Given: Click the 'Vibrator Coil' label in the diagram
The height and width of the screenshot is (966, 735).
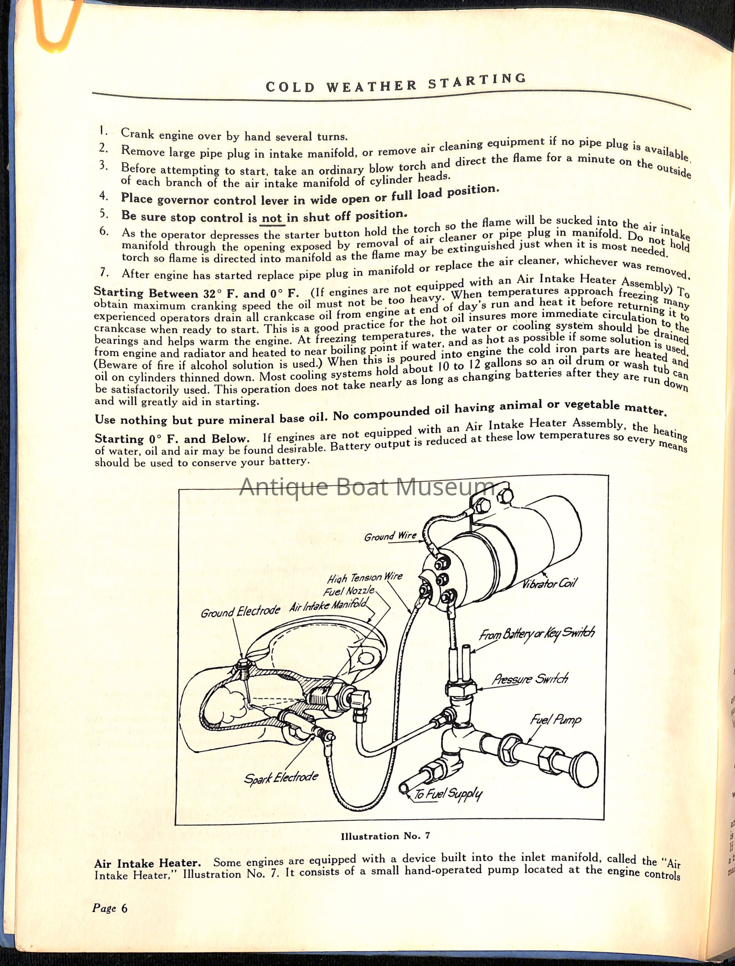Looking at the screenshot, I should [x=550, y=584].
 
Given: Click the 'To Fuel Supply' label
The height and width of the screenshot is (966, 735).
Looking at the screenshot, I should [x=447, y=794].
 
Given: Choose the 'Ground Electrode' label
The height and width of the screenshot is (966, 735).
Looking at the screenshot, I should [x=240, y=611].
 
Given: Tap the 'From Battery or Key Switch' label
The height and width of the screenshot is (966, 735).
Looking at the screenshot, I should [x=537, y=634].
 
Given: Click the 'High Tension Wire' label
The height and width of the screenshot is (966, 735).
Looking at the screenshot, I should [x=365, y=578].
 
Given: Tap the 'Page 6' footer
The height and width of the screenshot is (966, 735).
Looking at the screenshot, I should [x=110, y=908].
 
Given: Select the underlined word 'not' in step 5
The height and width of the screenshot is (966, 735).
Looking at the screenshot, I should [x=271, y=218].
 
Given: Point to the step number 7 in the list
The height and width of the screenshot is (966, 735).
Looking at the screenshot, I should [x=104, y=272].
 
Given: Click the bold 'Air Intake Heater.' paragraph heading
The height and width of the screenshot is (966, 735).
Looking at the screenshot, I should [x=147, y=863].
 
